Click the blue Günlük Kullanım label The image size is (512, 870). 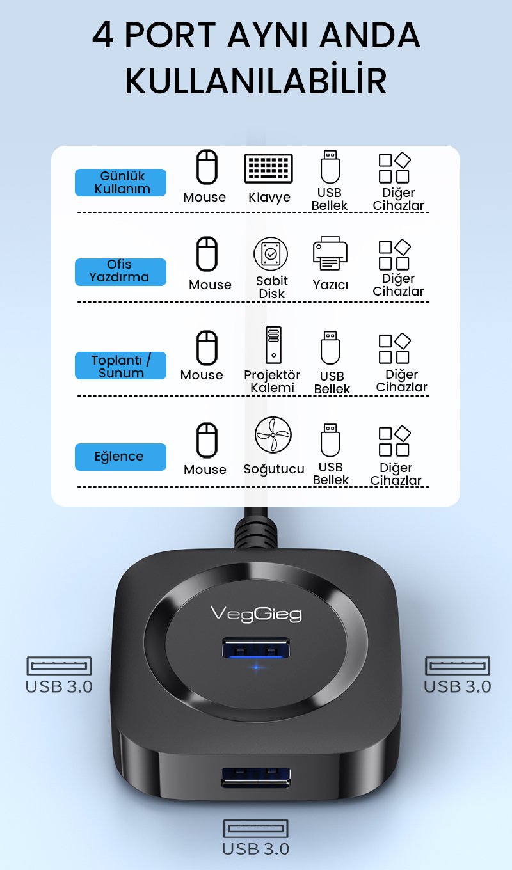coord(120,182)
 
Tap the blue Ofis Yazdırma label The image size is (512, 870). coord(120,272)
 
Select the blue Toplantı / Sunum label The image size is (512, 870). coord(120,365)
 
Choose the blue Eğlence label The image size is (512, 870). coord(120,457)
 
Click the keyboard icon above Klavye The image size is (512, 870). coord(268,168)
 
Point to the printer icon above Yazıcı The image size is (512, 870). coord(330,253)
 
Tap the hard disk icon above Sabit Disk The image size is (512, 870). coord(271,254)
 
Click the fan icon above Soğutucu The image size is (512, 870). coord(273,434)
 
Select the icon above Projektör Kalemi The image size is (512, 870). coord(273,345)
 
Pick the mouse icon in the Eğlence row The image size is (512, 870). coord(207,440)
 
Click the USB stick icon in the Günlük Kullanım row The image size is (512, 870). coord(330,166)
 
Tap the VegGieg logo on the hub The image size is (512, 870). coord(256,614)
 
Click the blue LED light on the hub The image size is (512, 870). coord(256,667)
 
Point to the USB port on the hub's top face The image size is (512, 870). coord(255,648)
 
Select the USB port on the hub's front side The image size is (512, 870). coord(255,777)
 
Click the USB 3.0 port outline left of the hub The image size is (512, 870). coord(59,666)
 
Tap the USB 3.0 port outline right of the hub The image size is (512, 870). coord(458,666)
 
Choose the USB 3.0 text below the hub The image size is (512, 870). coord(255,849)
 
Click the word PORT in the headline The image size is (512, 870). coord(170,35)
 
